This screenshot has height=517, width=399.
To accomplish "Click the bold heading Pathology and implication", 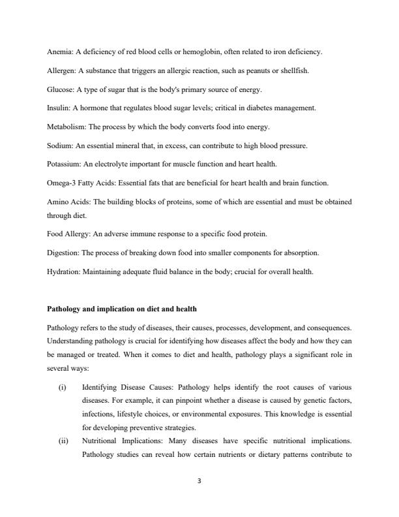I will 121,309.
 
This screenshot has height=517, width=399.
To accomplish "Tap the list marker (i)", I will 62,387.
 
